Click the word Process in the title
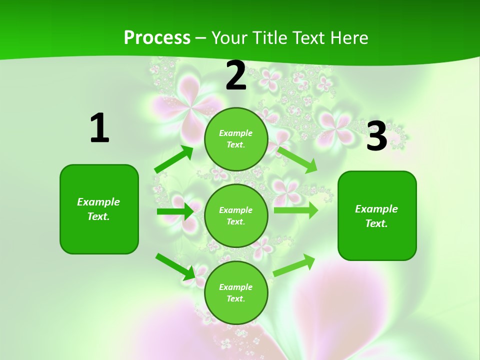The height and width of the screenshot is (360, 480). tap(157, 37)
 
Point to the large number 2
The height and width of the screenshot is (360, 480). tap(236, 75)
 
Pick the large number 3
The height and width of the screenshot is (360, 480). tap(376, 136)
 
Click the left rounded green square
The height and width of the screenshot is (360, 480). tap(99, 209)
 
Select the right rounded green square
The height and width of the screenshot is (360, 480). tap(377, 215)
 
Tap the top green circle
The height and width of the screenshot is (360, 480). tap(236, 139)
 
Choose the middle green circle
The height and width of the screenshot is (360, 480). tap(236, 215)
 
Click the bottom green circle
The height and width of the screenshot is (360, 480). tap(236, 292)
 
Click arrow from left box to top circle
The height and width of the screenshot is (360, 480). tap(174, 159)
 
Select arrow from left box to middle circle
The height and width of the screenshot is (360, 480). tap(175, 211)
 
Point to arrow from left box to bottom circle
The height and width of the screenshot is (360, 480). tap(175, 266)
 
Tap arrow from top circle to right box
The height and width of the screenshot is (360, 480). tap(297, 159)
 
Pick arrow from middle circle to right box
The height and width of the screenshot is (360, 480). tap(295, 210)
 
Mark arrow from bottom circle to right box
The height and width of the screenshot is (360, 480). tap(294, 265)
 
